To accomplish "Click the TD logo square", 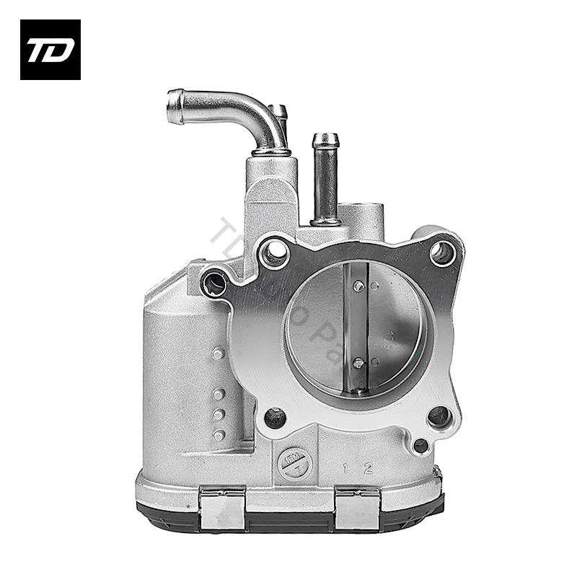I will tap(50, 50).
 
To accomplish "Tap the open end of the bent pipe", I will tap(174, 107).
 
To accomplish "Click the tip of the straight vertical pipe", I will tap(325, 138).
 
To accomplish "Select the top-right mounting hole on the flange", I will tap(441, 252).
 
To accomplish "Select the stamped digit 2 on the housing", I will tap(368, 470).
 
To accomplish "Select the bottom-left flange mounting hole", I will tap(273, 416).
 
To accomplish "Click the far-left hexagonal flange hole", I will tap(214, 283).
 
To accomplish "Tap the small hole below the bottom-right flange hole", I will tap(420, 446).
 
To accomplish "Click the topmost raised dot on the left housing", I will tap(219, 353).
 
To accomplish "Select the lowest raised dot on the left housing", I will tap(219, 435).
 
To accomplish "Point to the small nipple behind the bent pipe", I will tap(278, 113).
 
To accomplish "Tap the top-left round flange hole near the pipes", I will tap(273, 252).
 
